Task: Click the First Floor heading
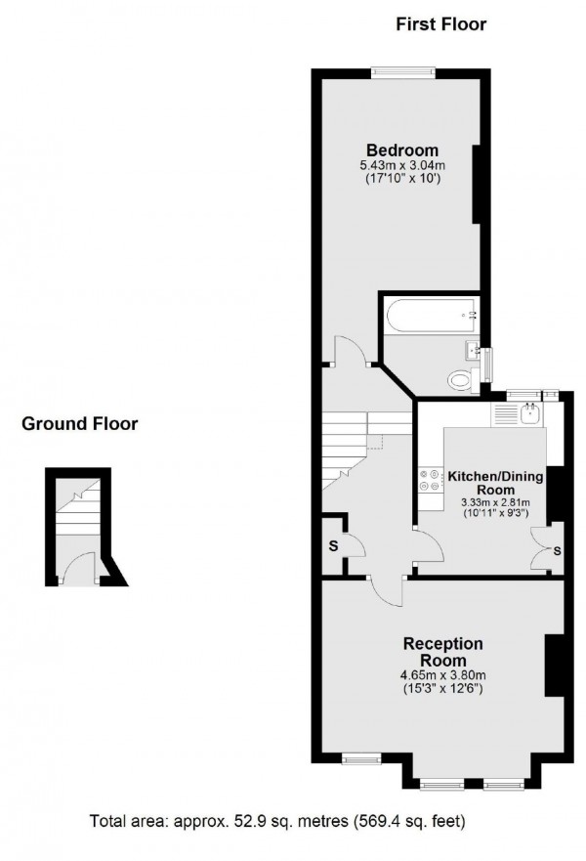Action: pos(440,24)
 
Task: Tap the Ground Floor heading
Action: pos(80,424)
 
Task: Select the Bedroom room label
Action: pos(402,150)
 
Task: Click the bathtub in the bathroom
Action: pos(431,316)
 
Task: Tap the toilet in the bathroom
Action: pos(459,380)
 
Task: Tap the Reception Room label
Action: pos(444,652)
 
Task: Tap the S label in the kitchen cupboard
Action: pos(558,551)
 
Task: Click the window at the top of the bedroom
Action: pos(403,68)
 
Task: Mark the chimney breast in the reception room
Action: pos(555,666)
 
